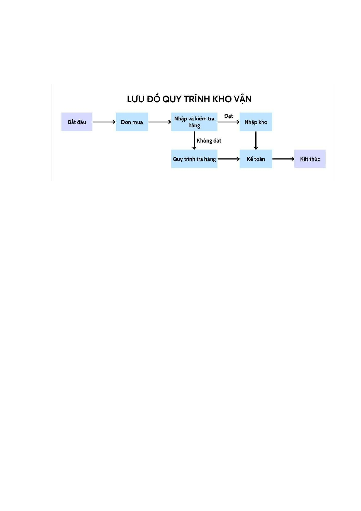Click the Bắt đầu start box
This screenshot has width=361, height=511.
tap(77, 122)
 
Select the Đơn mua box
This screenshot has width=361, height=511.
tap(132, 122)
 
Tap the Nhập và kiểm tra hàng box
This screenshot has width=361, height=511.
tap(194, 122)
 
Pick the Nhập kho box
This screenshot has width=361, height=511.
tap(256, 122)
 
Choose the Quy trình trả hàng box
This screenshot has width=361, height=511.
tap(194, 159)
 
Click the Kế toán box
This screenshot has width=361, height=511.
tap(256, 159)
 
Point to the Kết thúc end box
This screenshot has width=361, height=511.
tap(310, 159)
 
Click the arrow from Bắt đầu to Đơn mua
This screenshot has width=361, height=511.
tap(104, 122)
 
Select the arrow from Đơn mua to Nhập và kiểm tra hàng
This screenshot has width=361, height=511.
tap(160, 122)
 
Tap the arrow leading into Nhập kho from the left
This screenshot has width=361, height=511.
tap(229, 122)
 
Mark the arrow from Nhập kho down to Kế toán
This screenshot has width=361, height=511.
tap(256, 140)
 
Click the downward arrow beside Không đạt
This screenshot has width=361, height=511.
tap(194, 140)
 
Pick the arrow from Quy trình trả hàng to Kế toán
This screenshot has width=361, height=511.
tap(229, 159)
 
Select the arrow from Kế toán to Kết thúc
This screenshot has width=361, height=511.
tap(283, 159)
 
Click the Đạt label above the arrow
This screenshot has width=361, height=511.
tap(229, 116)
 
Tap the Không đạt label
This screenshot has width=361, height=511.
tap(209, 141)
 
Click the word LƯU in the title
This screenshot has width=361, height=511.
tap(135, 99)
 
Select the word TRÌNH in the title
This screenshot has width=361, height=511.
tap(197, 99)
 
